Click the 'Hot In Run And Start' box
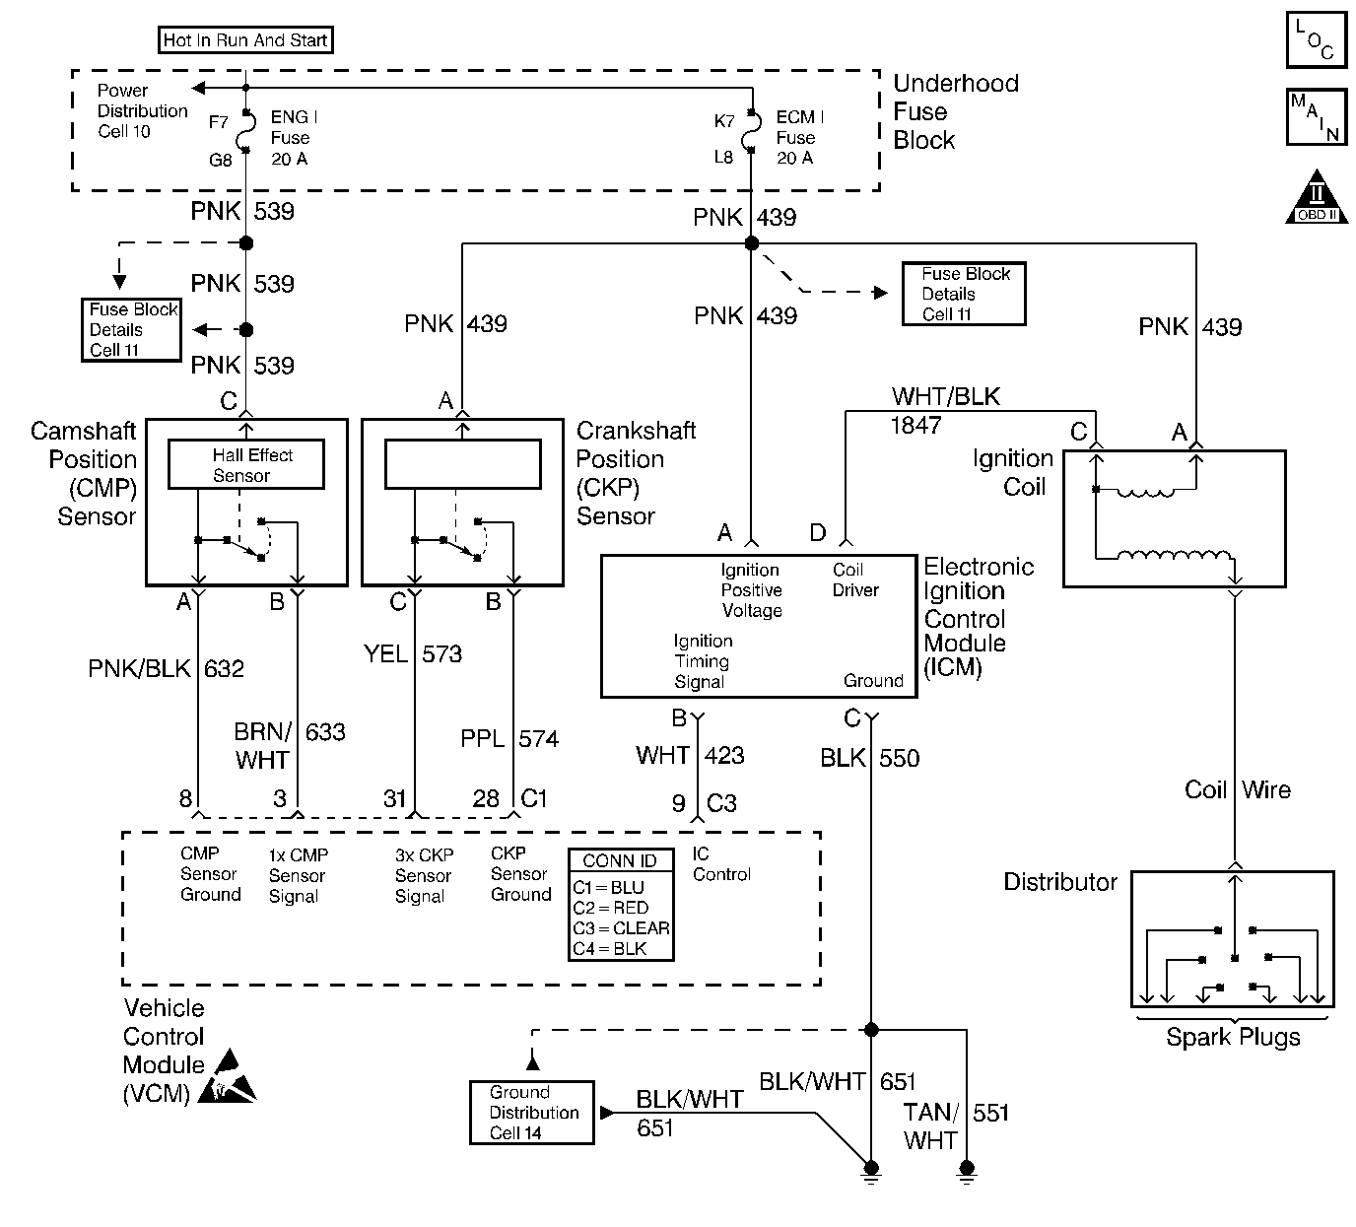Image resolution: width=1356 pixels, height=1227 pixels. click(x=245, y=40)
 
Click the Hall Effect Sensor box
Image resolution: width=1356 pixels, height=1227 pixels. click(x=246, y=465)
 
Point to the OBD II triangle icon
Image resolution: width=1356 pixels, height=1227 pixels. click(x=1317, y=199)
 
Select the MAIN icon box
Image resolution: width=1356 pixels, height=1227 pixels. click(x=1316, y=116)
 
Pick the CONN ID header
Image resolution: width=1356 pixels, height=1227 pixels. click(x=620, y=860)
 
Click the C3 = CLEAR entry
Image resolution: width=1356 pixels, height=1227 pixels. click(x=621, y=928)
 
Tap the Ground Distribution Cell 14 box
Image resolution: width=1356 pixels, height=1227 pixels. click(x=532, y=1113)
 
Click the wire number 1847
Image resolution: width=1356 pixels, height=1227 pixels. click(x=915, y=426)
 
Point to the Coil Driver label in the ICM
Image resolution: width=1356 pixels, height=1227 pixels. click(x=854, y=580)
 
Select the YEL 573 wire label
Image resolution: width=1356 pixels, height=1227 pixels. click(x=412, y=654)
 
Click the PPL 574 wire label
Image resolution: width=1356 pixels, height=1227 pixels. click(x=509, y=739)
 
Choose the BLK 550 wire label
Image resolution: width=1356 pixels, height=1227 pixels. click(x=869, y=758)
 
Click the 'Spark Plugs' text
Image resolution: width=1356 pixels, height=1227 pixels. click(x=1233, y=1037)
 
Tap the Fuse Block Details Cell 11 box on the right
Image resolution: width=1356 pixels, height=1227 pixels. click(x=964, y=294)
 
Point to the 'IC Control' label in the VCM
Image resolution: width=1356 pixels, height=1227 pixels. click(x=721, y=864)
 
